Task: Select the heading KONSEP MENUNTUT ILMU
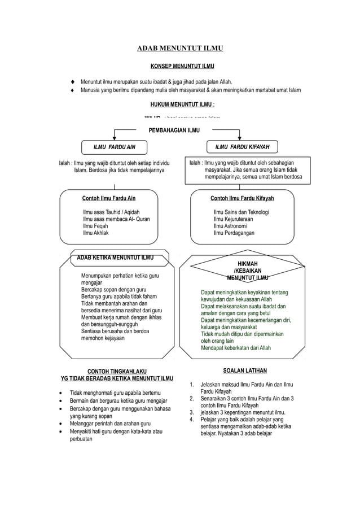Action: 180,67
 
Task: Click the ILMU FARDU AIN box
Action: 115,147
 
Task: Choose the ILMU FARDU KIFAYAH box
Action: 242,147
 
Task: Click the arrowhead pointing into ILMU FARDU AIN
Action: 115,137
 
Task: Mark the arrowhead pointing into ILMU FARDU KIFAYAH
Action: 240,137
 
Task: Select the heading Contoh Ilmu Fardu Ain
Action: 109,199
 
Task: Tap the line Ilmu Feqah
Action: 95,226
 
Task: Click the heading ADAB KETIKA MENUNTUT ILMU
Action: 115,259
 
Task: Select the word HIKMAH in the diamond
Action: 248,264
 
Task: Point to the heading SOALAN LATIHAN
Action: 245,371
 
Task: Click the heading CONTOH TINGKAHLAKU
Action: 117,371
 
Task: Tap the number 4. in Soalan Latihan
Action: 192,420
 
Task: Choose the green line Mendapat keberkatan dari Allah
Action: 235,348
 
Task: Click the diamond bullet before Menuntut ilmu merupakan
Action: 73,81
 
